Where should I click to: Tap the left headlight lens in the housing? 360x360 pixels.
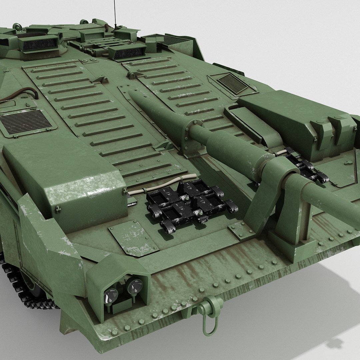pos(111,295)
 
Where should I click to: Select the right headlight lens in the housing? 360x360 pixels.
pos(135,286)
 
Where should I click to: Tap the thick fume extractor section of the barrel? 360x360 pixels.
pos(233,150)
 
